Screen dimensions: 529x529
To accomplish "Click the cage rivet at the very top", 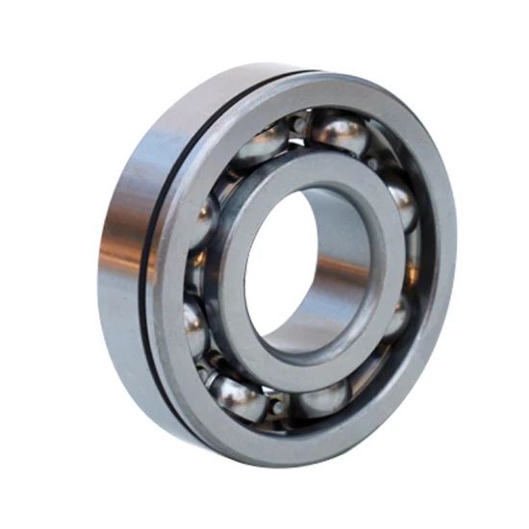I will coord(299,123).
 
